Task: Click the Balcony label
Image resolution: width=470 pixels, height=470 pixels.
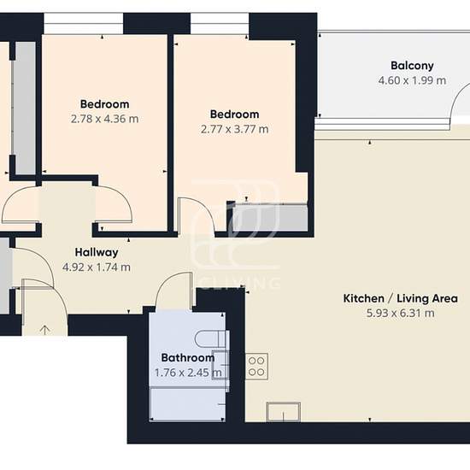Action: pos(412,66)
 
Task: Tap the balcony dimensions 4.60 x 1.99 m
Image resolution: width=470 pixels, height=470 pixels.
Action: pos(412,80)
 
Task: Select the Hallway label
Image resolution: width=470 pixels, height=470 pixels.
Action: pos(97,252)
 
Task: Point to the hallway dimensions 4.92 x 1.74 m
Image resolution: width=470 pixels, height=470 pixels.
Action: pos(97,267)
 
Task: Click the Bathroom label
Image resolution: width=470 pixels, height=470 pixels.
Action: pos(188,357)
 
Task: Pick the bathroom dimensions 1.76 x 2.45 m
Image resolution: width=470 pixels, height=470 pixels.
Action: pos(188,373)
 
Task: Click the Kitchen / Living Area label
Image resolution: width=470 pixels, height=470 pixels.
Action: pos(401,298)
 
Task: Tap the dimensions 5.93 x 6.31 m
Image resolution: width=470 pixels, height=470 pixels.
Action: pos(401,314)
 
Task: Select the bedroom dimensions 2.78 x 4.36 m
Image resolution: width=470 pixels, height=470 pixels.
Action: pos(104,119)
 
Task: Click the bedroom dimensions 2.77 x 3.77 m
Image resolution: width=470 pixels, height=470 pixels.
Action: pos(235,129)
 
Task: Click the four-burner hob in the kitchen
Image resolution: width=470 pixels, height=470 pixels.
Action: pos(257,367)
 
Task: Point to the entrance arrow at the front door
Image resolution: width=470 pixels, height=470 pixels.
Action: pos(45,330)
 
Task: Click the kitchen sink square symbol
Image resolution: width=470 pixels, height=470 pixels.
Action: pos(283,412)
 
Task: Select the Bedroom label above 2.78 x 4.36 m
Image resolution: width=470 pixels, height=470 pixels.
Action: pos(104,104)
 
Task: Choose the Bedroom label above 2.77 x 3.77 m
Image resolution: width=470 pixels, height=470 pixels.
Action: pos(235,115)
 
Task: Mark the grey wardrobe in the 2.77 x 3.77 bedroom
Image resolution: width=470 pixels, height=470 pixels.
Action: pos(270,217)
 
